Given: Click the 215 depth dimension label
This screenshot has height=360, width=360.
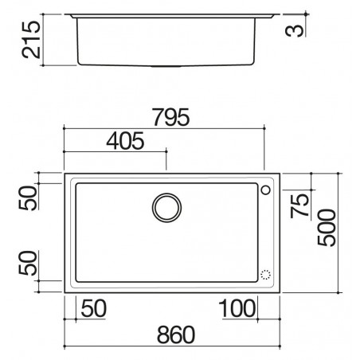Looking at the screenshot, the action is click(31, 40).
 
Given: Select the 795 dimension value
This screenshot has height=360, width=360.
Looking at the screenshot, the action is click(171, 117).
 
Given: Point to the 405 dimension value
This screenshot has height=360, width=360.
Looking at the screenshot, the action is click(125, 140).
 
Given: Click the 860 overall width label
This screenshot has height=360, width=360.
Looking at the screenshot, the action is click(176, 335).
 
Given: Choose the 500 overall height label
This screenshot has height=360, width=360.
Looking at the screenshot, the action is click(327, 228).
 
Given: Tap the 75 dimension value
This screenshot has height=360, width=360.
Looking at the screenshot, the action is click(299, 205).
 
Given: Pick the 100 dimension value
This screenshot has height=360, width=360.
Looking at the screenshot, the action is click(237, 308).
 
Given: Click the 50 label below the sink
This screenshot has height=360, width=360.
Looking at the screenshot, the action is click(94, 308).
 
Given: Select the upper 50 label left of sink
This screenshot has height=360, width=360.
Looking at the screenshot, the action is click(28, 198).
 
